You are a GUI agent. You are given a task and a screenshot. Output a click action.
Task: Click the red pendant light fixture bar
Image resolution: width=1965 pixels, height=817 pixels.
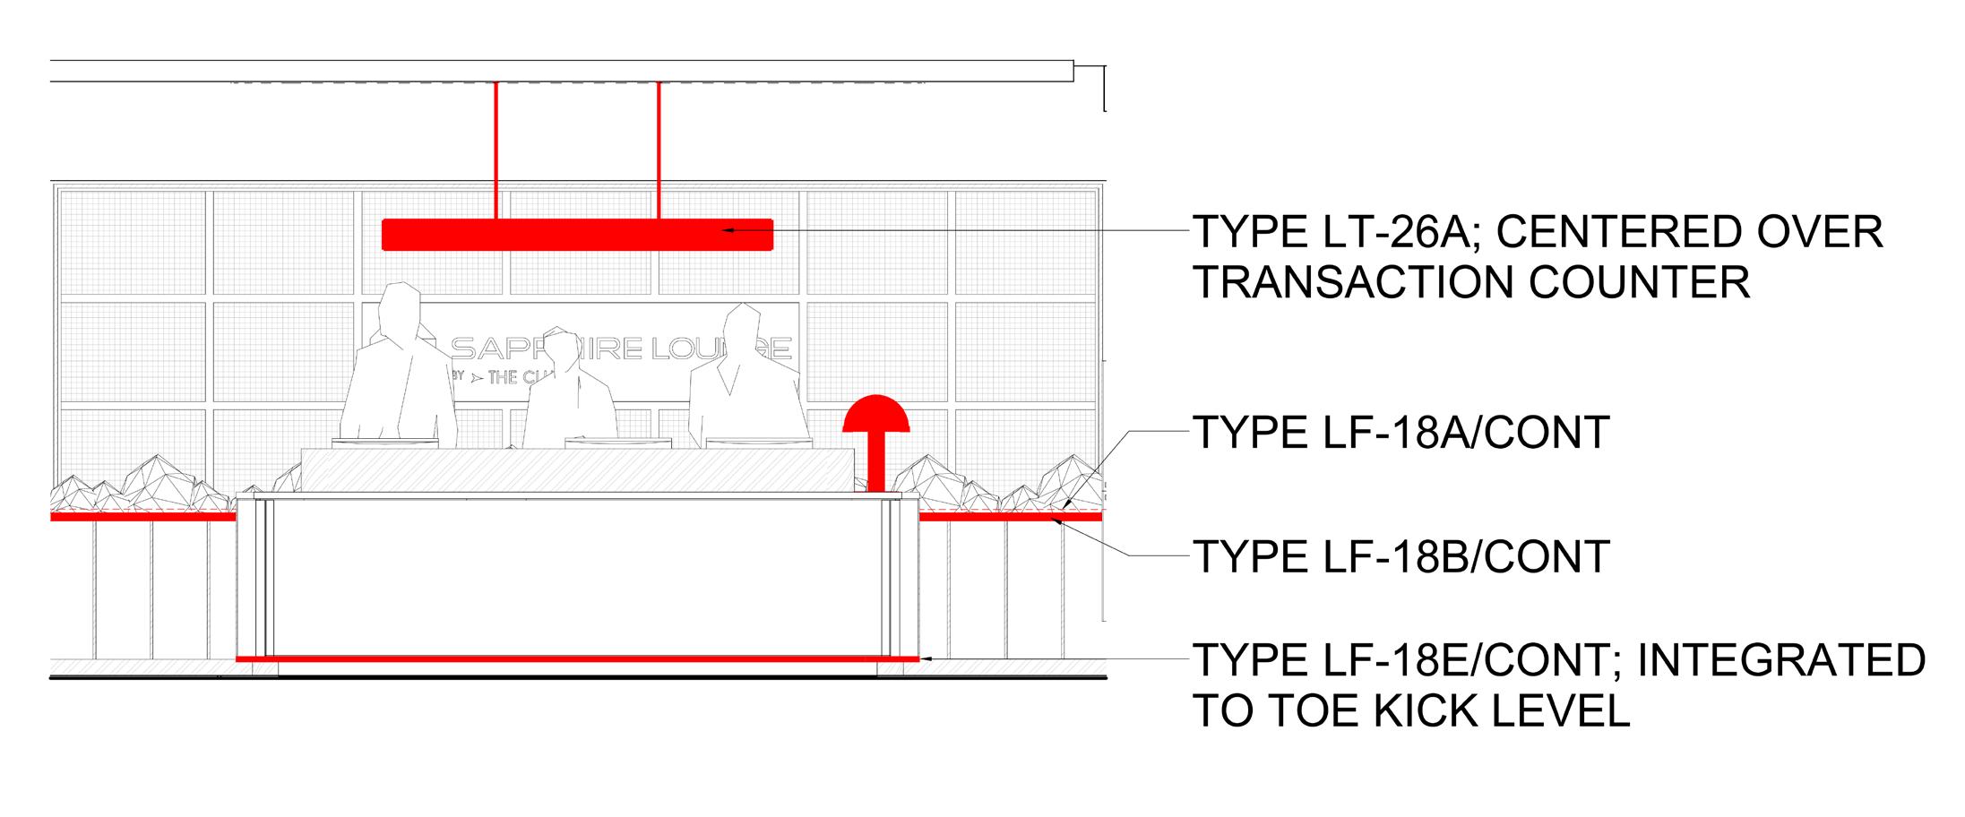(x=577, y=234)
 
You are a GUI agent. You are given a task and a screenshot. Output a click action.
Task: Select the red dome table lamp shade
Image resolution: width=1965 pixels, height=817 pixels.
(x=876, y=414)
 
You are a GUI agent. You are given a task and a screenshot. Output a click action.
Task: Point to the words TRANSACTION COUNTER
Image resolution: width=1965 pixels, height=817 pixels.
(x=1471, y=283)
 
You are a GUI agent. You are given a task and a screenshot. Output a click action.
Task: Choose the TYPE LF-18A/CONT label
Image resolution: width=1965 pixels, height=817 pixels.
(x=1401, y=433)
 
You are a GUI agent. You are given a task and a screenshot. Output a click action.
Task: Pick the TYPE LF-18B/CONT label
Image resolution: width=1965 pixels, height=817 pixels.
(x=1401, y=556)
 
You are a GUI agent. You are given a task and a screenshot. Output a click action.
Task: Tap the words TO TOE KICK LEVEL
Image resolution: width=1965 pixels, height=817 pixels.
(x=1411, y=711)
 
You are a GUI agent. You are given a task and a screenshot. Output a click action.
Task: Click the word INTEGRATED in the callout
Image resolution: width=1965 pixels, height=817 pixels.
(x=1781, y=660)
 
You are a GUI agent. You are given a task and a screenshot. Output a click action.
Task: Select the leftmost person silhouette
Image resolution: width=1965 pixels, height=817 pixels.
(x=399, y=367)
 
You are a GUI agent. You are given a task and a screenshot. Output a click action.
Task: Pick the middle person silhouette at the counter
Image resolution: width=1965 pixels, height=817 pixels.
(x=568, y=390)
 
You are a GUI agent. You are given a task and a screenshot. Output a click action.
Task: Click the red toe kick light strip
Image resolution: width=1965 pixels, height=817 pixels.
(x=577, y=658)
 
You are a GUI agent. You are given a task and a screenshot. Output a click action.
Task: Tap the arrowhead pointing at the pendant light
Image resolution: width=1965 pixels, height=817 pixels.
(x=729, y=231)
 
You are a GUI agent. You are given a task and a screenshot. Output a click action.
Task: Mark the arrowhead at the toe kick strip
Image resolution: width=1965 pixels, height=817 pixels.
(x=927, y=658)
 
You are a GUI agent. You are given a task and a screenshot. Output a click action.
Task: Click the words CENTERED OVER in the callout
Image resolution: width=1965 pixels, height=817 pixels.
(x=1689, y=232)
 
